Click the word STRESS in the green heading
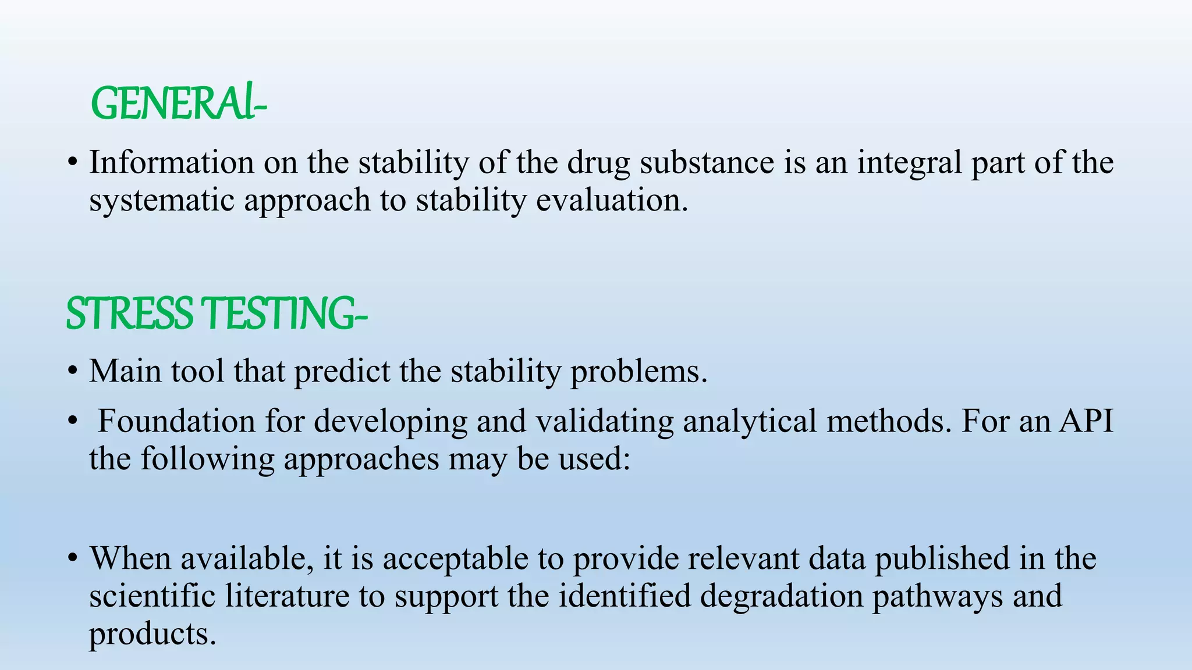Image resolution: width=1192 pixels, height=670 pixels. coord(129,313)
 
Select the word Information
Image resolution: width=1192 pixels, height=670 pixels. coord(171,162)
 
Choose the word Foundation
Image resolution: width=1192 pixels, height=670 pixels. coord(176,421)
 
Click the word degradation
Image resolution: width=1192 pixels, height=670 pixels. coord(781,597)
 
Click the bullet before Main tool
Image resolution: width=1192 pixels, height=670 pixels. coord(72,371)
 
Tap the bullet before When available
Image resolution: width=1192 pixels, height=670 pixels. coord(72,559)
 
